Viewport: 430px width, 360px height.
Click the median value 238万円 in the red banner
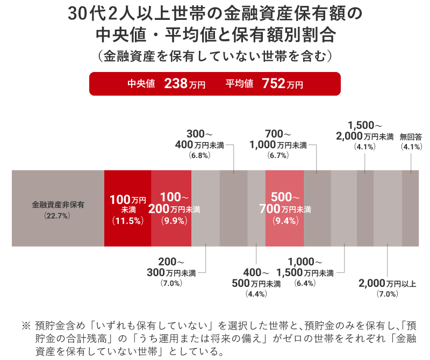point(184,84)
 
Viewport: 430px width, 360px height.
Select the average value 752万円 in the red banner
point(282,84)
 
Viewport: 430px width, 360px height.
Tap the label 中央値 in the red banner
point(141,84)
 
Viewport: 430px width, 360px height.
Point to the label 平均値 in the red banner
point(239,84)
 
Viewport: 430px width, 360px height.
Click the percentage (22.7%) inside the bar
point(58,215)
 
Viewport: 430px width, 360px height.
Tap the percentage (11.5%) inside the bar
point(127,220)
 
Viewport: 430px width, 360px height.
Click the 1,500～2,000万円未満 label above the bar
point(364,131)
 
